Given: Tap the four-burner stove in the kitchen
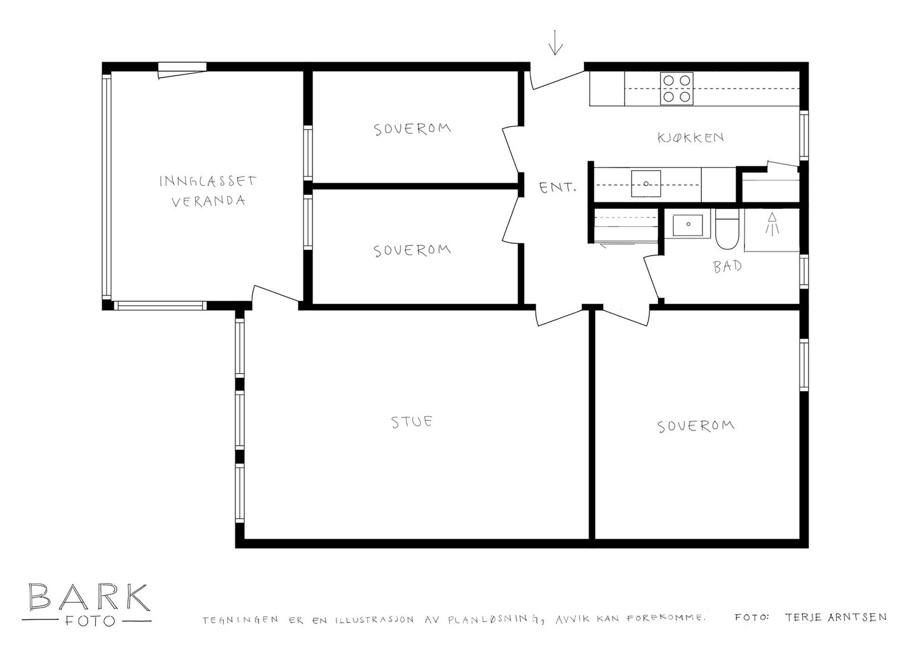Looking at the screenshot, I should (676, 89).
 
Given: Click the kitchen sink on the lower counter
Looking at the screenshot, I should (646, 183).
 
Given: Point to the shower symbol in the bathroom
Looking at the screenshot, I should (772, 224).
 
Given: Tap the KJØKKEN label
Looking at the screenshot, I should (690, 137).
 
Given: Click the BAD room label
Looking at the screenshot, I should (728, 266).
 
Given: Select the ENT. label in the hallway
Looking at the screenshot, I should (557, 187).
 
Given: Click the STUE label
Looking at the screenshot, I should (412, 422).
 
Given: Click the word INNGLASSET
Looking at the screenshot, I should (207, 181).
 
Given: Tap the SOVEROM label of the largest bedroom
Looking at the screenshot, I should (695, 426).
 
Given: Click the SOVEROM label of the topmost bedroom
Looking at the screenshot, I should (412, 129).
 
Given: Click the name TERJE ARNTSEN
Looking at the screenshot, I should (835, 617).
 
